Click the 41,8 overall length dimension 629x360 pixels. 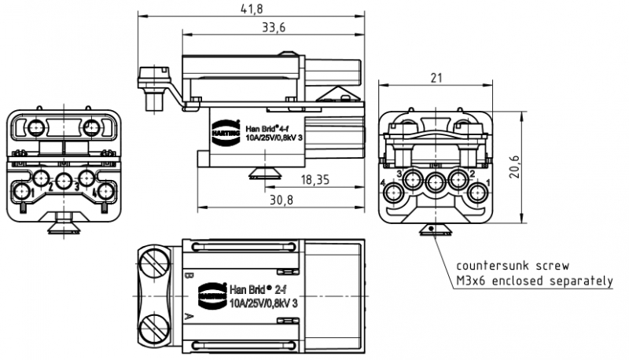coord(252,9)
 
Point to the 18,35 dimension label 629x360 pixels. coord(314,180)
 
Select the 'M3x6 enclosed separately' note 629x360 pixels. coord(534,281)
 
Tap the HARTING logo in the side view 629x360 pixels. coord(220,132)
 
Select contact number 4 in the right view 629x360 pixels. coord(383,183)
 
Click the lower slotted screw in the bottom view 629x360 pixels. coord(155,329)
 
